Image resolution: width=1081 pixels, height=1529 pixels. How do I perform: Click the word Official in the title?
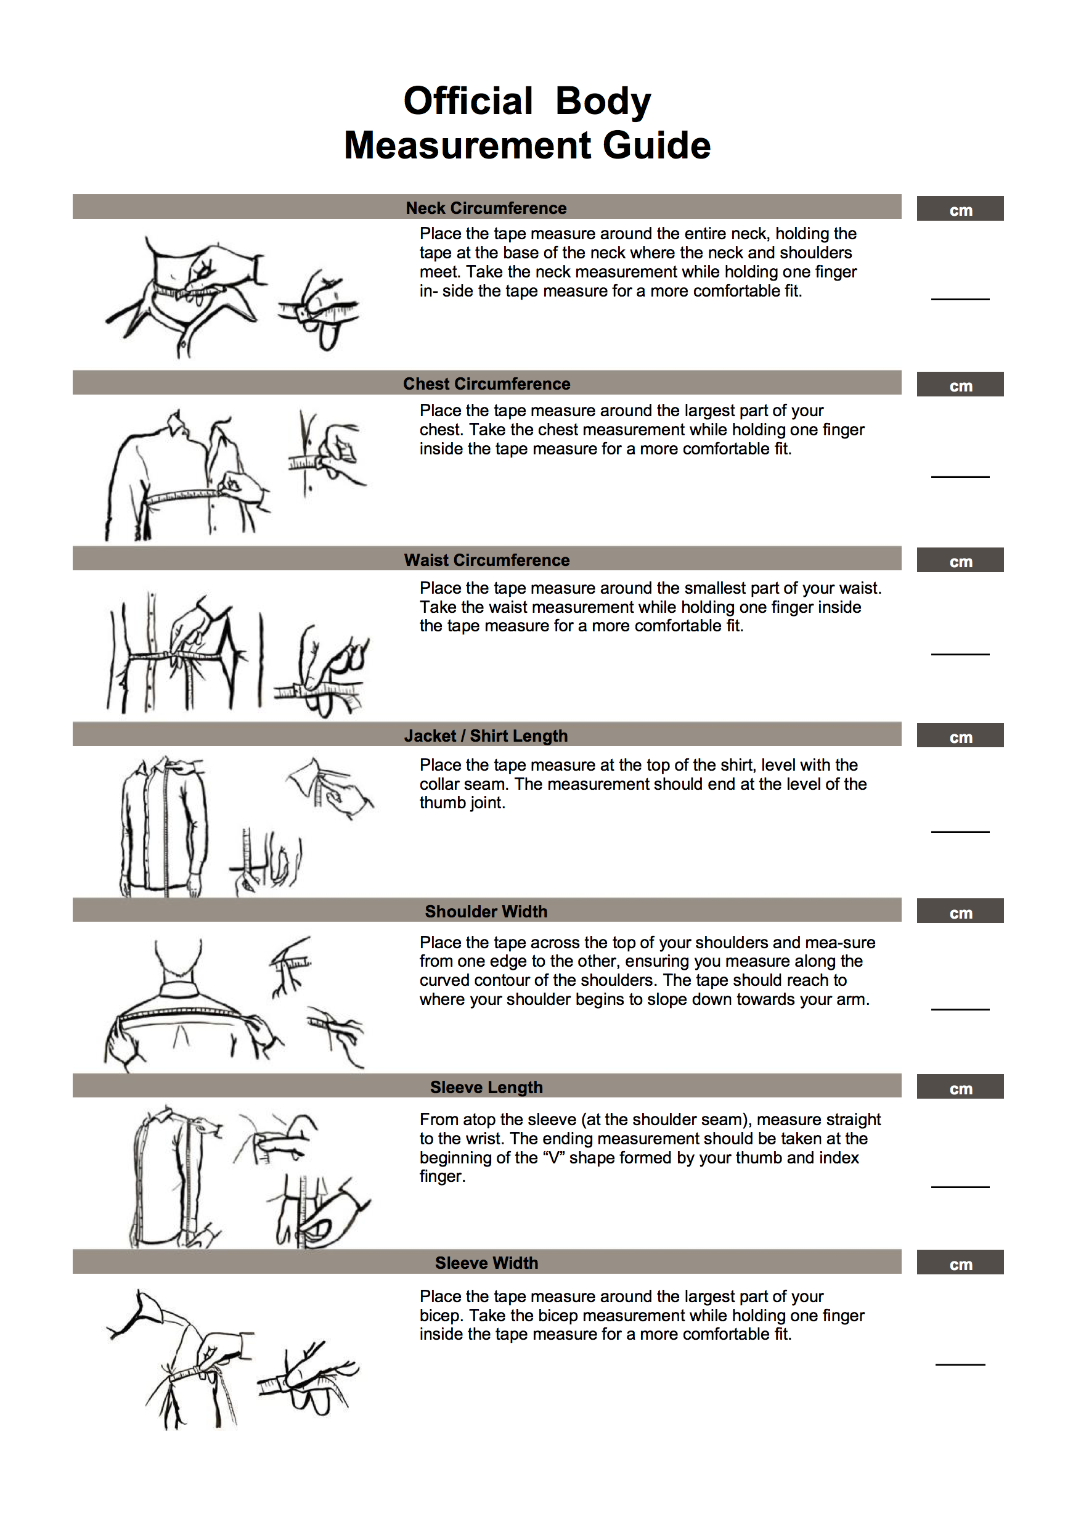[x=468, y=101]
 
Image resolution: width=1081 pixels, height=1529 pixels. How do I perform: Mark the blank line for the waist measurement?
[x=960, y=654]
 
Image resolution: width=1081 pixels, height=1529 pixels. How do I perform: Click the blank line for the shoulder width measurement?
[x=960, y=1009]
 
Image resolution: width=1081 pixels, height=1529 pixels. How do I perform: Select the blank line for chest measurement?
[x=960, y=477]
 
